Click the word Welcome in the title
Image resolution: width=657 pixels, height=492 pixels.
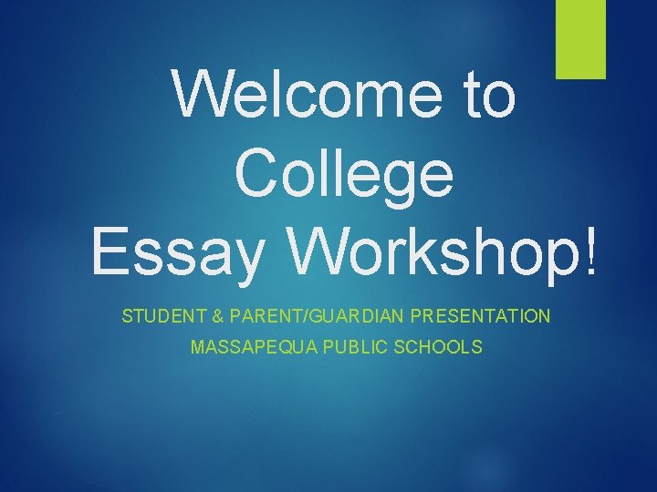point(309,95)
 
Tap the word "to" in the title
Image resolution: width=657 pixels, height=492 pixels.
point(490,95)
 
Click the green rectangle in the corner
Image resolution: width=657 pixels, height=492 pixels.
point(581,39)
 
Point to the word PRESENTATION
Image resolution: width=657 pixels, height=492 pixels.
point(481,317)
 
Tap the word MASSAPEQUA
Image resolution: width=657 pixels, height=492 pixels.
point(244,347)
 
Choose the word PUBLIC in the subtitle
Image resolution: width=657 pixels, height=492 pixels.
point(348,347)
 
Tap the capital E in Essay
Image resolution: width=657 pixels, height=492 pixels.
point(110,248)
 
